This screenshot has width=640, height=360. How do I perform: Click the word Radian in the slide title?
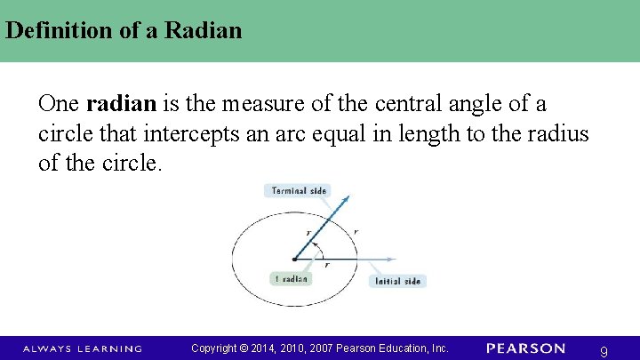(205, 31)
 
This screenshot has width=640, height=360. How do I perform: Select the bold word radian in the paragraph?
(122, 104)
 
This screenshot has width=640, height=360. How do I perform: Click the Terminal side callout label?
(296, 190)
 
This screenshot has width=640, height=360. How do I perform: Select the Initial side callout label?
(397, 281)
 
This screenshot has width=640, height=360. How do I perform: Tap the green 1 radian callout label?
(291, 278)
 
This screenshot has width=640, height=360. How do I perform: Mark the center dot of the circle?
(294, 260)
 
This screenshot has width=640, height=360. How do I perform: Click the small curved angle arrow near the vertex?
(319, 251)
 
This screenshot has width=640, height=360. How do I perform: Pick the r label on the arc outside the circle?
(356, 231)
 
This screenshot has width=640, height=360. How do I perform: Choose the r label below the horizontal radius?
(326, 265)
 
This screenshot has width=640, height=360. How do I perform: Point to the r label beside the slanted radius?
(308, 234)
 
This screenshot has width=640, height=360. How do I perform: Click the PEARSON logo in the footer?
(525, 348)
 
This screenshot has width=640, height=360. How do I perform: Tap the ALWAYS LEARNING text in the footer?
(83, 348)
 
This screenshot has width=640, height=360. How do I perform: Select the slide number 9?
(604, 352)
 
